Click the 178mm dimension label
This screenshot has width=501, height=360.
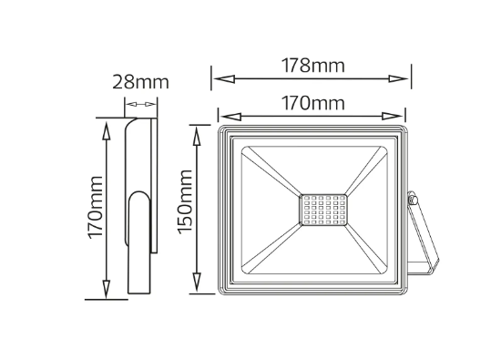pyautogui.click(x=312, y=66)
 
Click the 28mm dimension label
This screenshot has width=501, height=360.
pyautogui.click(x=140, y=82)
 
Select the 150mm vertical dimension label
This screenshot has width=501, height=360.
pyautogui.click(x=185, y=201)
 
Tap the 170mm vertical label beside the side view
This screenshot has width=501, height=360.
pyautogui.click(x=96, y=207)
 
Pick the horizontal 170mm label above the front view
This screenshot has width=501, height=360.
pyautogui.click(x=312, y=103)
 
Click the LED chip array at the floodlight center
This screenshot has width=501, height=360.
pyautogui.click(x=323, y=210)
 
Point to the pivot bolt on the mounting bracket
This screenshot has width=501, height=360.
pyautogui.click(x=413, y=199)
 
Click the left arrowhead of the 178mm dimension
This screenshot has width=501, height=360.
pyautogui.click(x=224, y=78)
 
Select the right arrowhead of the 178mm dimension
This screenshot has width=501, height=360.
pyautogui.click(x=398, y=78)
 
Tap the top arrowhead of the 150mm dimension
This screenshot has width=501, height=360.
pyautogui.click(x=197, y=136)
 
